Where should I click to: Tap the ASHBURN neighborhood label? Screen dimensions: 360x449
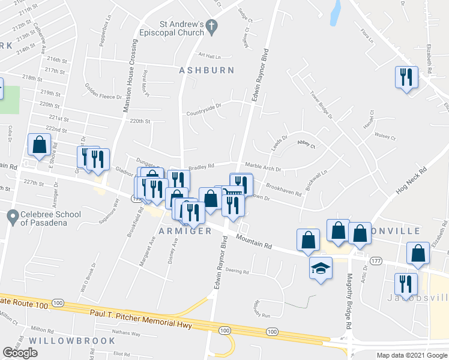pos(206,70)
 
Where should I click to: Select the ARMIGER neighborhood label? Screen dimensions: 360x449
pos(185,231)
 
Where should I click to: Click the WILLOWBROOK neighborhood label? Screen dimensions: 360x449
pos(71,340)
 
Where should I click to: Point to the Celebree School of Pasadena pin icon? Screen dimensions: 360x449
pos(12,215)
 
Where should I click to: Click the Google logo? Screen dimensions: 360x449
pos(20,353)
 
